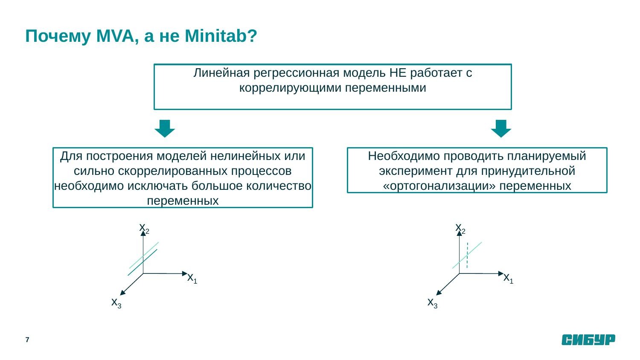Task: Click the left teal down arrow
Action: tap(165, 128)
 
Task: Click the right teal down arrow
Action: tap(501, 128)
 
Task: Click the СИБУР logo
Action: tap(588, 340)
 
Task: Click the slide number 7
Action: tap(27, 340)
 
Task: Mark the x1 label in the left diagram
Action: tap(192, 278)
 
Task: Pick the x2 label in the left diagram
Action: tap(144, 228)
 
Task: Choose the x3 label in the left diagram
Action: tap(116, 302)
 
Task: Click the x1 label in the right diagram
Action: tap(508, 278)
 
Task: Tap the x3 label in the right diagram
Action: tap(432, 302)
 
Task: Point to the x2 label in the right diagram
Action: tap(460, 228)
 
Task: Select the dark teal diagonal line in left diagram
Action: tap(143, 262)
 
